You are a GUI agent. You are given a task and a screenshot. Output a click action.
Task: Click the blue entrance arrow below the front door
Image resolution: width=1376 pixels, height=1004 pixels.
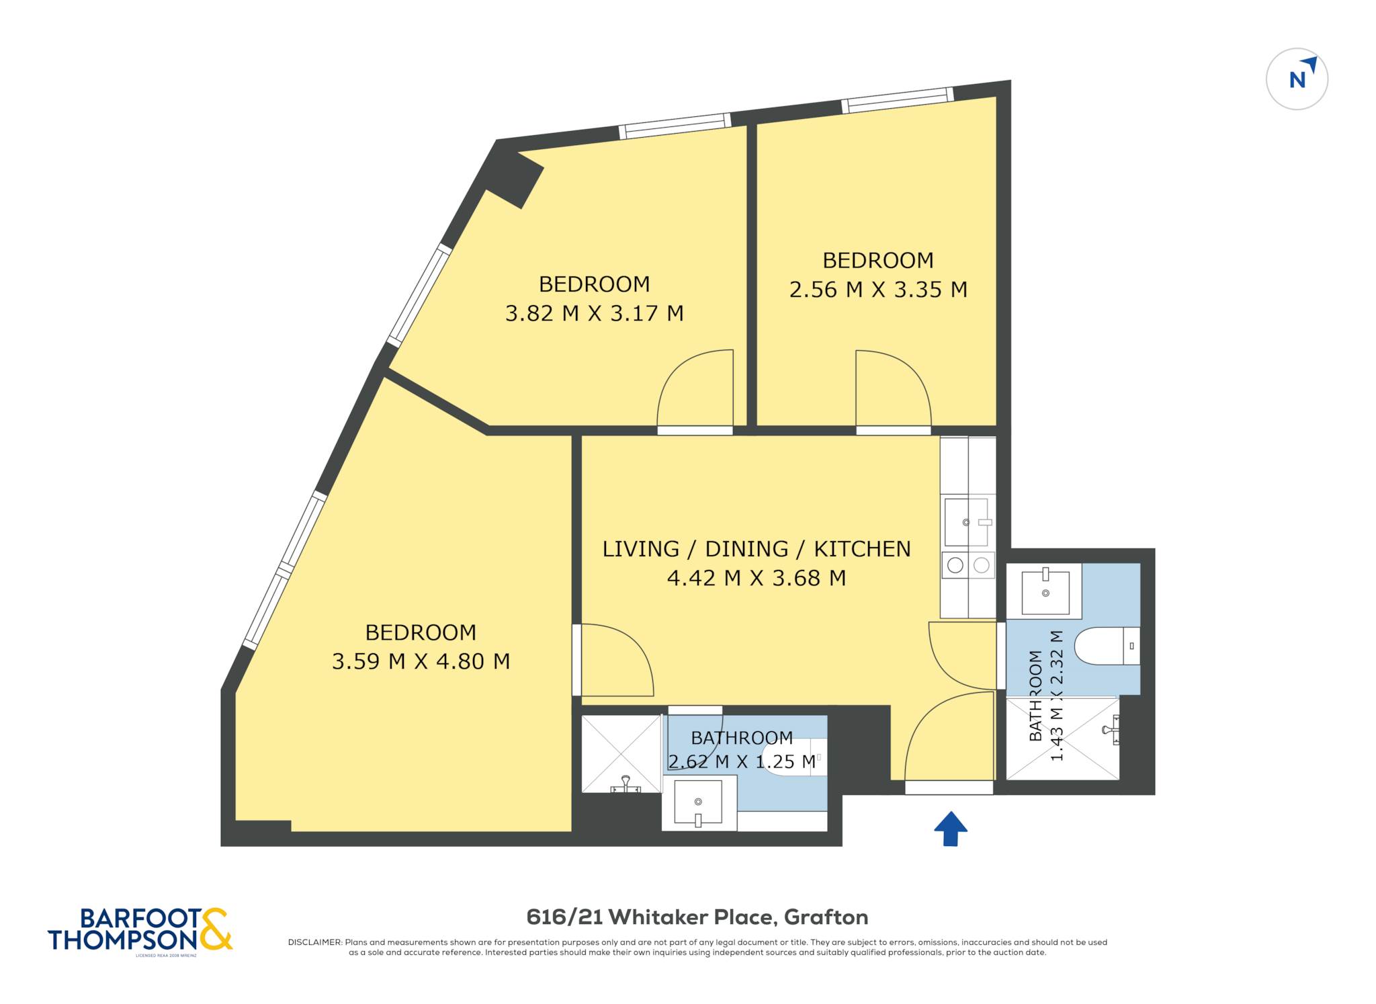point(950,828)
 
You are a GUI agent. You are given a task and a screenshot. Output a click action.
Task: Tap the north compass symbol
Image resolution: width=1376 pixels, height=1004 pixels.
point(1297,79)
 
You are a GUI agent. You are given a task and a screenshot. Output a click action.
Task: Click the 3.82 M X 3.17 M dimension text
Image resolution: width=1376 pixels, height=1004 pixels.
point(594,313)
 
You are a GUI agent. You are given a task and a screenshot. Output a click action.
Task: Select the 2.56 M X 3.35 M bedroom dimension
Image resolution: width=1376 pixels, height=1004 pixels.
point(878,290)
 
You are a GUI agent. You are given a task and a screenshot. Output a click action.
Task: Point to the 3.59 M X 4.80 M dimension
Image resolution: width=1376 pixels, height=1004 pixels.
point(421,661)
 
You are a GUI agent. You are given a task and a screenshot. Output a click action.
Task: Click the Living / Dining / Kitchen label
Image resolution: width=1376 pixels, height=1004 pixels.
point(757,549)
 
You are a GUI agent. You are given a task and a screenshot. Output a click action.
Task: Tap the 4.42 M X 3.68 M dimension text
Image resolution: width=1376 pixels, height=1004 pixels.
point(757,578)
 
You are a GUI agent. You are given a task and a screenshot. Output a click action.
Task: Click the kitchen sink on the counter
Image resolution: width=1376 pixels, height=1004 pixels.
point(967,522)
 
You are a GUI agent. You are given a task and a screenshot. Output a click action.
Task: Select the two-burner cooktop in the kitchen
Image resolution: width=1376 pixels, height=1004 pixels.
point(968,565)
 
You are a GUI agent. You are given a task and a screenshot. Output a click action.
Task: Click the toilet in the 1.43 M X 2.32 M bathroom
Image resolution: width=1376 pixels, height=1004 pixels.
point(1107,646)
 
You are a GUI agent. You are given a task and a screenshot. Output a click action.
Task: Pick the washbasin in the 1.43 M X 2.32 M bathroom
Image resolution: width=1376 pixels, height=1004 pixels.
point(1045,591)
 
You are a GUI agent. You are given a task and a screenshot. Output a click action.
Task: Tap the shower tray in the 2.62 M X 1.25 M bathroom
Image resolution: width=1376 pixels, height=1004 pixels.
point(621,753)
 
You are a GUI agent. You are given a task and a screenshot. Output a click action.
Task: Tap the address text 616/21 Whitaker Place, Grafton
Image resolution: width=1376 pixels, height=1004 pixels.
point(697,917)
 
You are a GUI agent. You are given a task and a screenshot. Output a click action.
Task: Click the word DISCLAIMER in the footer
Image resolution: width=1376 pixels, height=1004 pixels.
point(315,942)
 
